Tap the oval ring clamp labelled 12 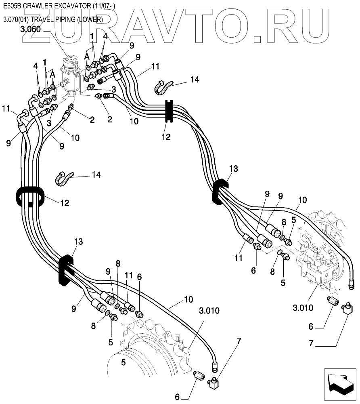31,197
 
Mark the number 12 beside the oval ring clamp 64,203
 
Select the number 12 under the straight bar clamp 166,137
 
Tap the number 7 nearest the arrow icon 311,344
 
